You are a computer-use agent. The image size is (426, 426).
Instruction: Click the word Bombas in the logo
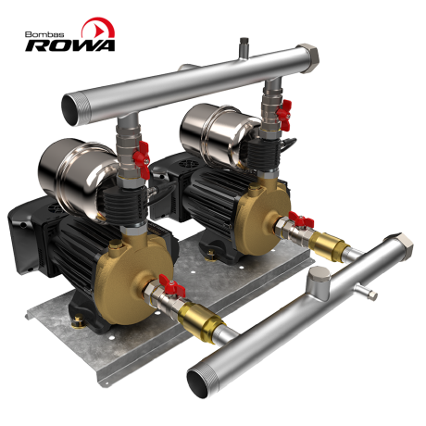[x=44, y=34]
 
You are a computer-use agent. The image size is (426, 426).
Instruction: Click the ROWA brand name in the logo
[x=70, y=45]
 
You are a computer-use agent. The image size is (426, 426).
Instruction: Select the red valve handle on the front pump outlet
[x=172, y=285]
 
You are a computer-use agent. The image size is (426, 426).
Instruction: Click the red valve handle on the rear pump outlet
[x=301, y=220]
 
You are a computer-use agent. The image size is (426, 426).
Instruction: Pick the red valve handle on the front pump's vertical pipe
[x=142, y=158]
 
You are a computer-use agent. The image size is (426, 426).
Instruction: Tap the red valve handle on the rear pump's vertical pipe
[x=284, y=115]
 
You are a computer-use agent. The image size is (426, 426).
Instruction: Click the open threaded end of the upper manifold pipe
[x=71, y=109]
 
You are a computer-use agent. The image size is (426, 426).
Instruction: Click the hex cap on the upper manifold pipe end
[x=307, y=57]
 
